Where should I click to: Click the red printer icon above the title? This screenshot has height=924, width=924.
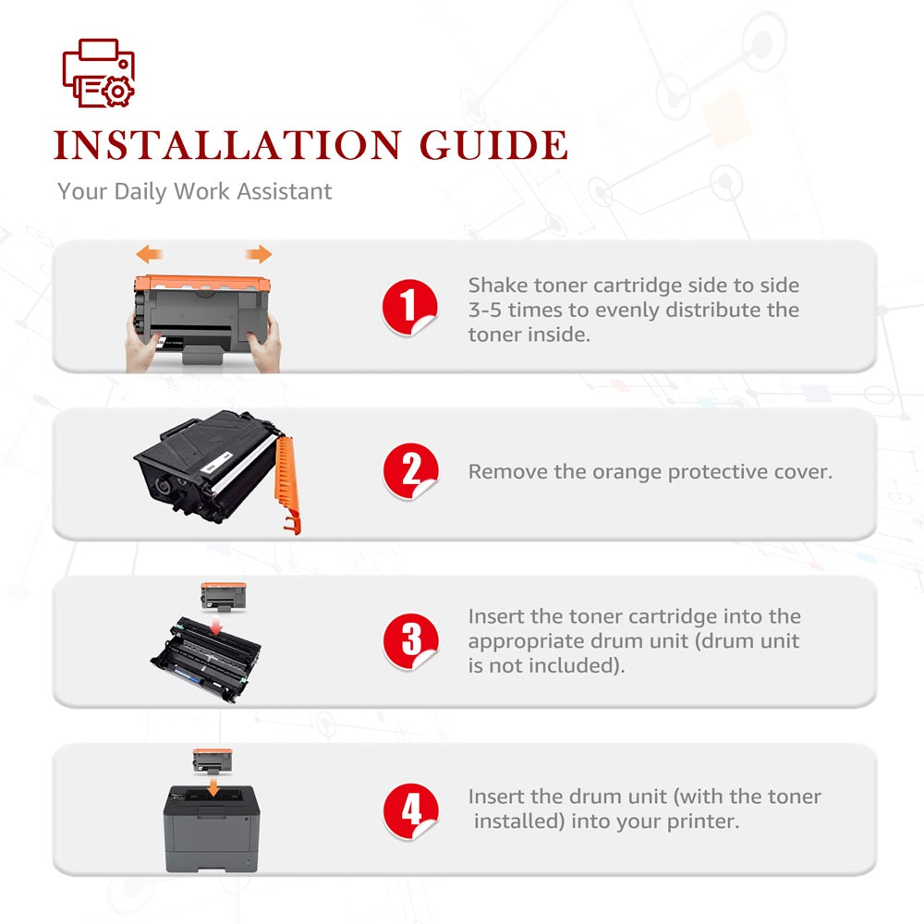point(99,73)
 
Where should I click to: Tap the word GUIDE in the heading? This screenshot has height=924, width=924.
point(493,145)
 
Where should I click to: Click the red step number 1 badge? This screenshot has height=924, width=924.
point(409,307)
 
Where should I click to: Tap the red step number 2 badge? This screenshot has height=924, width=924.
point(411,471)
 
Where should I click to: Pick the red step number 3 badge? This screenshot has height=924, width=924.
point(411,641)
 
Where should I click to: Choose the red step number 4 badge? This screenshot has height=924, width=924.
point(411,810)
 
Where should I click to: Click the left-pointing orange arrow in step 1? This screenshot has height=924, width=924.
point(149,255)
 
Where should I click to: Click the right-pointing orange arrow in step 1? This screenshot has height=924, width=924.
point(259,255)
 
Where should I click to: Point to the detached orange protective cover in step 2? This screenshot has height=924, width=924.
point(287,483)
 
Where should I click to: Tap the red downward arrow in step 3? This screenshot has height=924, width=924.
point(216,626)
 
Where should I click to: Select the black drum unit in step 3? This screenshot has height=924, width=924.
point(206,660)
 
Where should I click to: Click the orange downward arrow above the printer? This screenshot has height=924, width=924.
point(213,786)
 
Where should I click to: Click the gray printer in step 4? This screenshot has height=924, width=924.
point(212,829)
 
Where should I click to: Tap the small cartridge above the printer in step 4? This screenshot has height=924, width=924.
point(213,761)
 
